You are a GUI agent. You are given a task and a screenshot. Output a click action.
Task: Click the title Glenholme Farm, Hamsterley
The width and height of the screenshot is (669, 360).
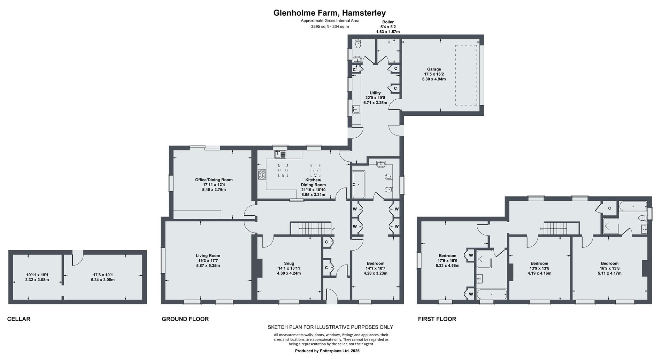(329, 13)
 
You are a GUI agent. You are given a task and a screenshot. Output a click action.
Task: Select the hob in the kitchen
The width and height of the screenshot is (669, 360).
(262, 174)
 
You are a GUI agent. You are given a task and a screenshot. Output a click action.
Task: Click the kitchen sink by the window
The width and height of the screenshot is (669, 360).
(280, 154)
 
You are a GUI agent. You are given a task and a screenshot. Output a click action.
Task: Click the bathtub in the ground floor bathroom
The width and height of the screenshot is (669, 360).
(359, 184)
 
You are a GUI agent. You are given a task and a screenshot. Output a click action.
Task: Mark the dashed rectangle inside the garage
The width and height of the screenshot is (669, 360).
(466, 75)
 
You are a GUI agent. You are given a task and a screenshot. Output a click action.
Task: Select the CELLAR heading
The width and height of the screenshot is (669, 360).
(19, 319)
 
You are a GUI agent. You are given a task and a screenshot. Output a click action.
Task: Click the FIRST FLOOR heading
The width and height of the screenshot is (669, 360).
(437, 319)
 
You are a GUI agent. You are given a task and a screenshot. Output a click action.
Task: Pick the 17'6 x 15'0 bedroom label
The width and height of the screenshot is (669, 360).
(447, 261)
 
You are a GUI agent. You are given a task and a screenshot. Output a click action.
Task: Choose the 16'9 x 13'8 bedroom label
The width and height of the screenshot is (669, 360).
(609, 268)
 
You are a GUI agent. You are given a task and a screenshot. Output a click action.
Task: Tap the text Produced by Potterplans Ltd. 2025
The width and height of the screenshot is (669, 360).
(327, 351)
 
